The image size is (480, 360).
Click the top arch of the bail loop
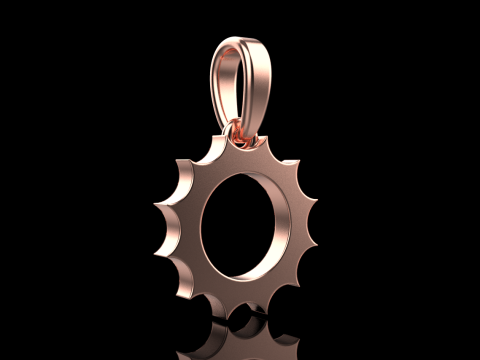[240, 43]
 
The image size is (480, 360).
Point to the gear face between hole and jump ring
[240, 160]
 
